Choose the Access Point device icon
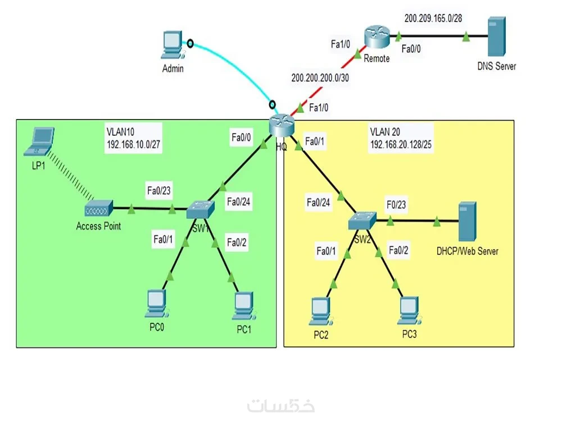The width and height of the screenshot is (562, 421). [x=98, y=209]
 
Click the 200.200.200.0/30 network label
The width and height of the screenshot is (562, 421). [x=320, y=78]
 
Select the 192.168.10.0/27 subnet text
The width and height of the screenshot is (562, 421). [x=133, y=144]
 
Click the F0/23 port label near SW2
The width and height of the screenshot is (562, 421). [x=396, y=205]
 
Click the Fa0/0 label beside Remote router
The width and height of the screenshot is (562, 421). [x=411, y=49]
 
